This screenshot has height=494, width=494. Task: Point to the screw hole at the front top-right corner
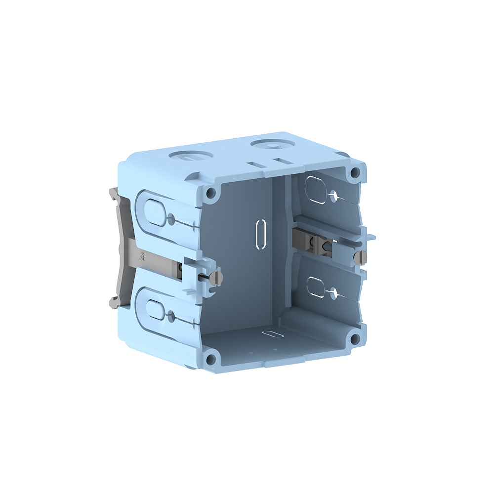(x=354, y=172)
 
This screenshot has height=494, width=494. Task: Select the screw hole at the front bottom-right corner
(x=354, y=339)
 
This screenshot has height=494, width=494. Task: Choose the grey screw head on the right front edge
(x=361, y=257)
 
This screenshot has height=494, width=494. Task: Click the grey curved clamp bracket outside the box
(x=119, y=249)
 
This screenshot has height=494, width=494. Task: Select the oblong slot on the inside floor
(x=272, y=334)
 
